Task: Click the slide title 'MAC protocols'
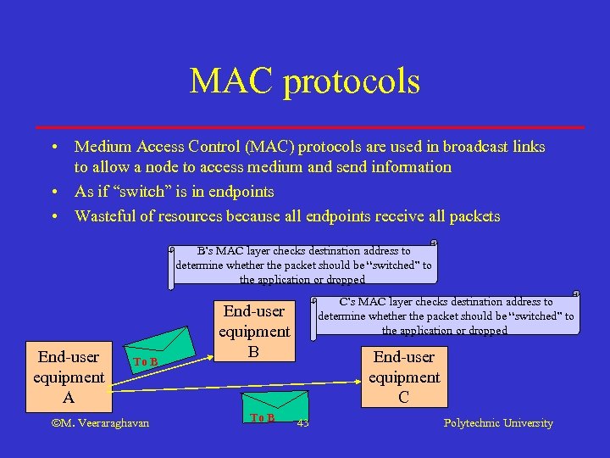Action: [304, 81]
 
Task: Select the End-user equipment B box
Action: [254, 331]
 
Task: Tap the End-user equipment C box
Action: [404, 377]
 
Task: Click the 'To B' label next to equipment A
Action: [146, 362]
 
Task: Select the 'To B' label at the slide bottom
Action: [263, 417]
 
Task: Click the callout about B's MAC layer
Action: [302, 265]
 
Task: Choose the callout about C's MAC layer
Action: [445, 316]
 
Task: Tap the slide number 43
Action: [302, 423]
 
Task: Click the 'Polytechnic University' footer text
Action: [498, 423]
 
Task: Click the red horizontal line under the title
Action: [304, 127]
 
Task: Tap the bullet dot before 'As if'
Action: [54, 192]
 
